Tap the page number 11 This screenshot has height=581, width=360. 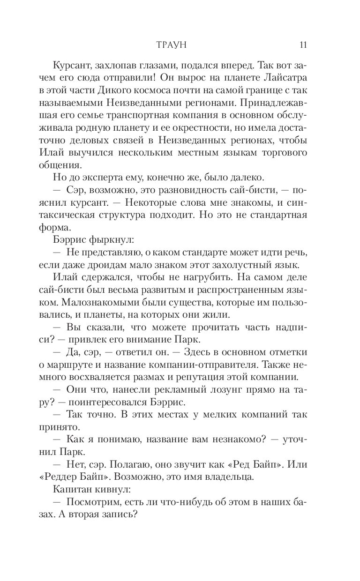302,45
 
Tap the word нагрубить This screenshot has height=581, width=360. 214,279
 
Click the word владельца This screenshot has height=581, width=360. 233,469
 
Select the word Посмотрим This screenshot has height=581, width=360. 105,494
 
